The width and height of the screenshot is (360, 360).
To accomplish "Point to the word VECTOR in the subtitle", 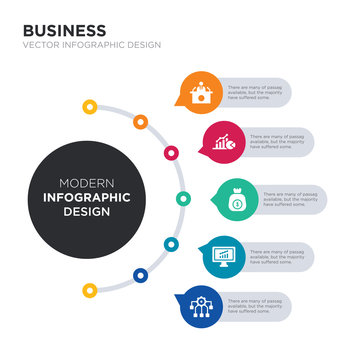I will point(40,46).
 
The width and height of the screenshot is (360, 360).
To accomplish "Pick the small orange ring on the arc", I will point(140,122).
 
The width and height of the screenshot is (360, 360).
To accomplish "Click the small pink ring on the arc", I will point(171,153).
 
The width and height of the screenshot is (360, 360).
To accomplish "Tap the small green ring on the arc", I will point(183,198).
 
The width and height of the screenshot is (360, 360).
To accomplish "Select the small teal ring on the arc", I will point(171,243).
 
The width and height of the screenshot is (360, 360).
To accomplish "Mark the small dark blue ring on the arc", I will point(140,273).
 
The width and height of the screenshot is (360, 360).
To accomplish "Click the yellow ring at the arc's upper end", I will point(90,105).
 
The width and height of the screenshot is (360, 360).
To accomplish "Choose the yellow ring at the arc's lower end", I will point(90,290).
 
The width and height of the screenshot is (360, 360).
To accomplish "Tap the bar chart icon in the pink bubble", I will point(224,143).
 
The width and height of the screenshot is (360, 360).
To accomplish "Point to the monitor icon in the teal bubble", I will point(224,258).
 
